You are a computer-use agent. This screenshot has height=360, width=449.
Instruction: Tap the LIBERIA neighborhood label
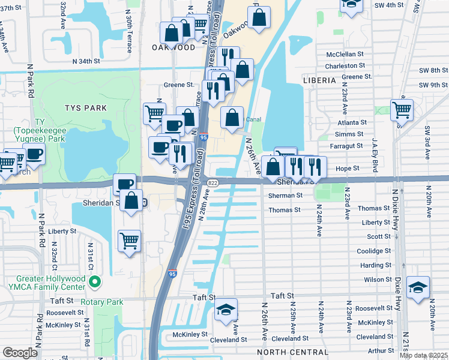(x=319, y=80)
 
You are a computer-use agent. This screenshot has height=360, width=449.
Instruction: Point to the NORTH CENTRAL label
(x=292, y=352)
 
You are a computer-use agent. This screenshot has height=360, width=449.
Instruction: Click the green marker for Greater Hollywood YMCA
(x=94, y=281)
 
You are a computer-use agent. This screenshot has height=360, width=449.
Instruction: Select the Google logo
(x=20, y=353)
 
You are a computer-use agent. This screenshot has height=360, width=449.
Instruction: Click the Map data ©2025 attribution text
(x=423, y=355)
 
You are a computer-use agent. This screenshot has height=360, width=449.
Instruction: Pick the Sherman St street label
(x=285, y=196)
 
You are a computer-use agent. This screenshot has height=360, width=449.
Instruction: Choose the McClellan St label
(x=345, y=54)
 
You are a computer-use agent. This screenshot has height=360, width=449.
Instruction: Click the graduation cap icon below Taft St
(x=226, y=310)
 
